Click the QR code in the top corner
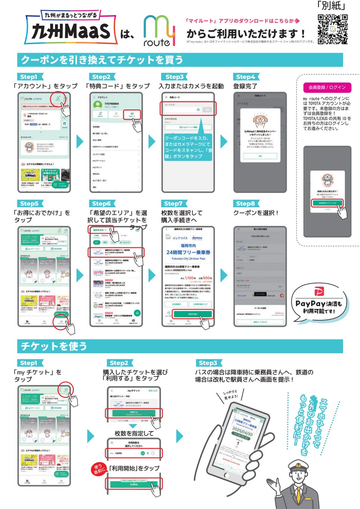click(332, 29)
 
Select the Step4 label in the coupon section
click(246, 77)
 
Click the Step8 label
click(246, 204)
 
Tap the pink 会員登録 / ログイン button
click(327, 87)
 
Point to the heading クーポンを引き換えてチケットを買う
click(102, 60)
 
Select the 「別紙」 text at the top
click(331, 6)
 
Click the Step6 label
click(102, 204)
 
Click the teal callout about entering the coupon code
click(188, 147)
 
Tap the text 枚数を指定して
click(134, 433)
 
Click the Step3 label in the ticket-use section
click(208, 363)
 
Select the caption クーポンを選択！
click(256, 213)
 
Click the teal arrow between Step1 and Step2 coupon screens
click(80, 142)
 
